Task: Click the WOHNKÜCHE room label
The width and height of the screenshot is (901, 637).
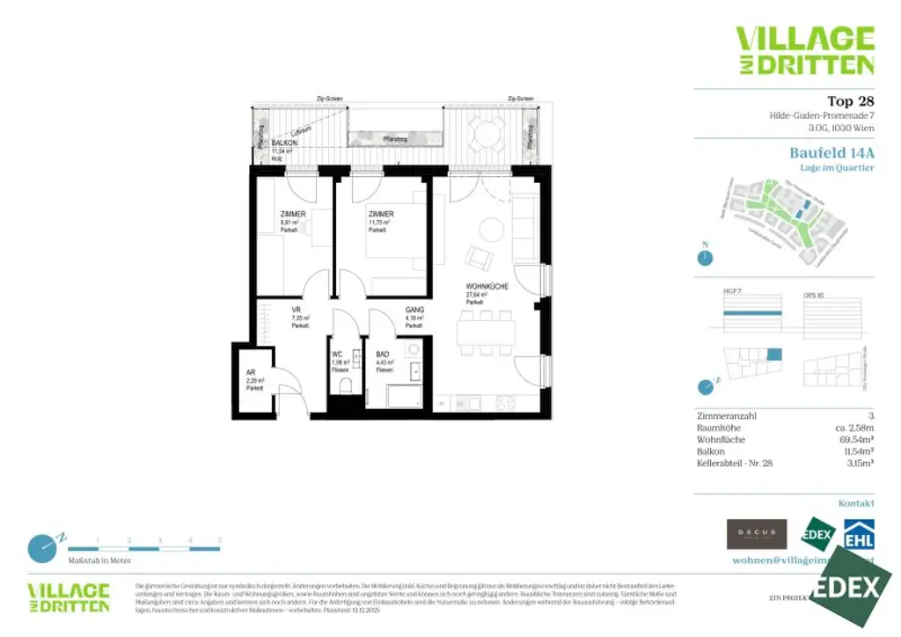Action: click(486, 287)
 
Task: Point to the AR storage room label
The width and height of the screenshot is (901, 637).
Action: click(251, 372)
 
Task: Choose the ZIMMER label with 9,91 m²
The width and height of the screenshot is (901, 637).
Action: click(293, 215)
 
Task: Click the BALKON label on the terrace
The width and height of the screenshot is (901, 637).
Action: click(283, 143)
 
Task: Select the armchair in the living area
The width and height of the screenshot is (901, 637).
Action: click(480, 256)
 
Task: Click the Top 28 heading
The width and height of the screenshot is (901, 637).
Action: click(851, 101)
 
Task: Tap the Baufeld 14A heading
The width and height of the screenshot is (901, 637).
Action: click(831, 152)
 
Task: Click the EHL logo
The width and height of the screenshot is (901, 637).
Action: click(859, 533)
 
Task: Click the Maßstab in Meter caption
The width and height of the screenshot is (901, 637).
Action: click(99, 560)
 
